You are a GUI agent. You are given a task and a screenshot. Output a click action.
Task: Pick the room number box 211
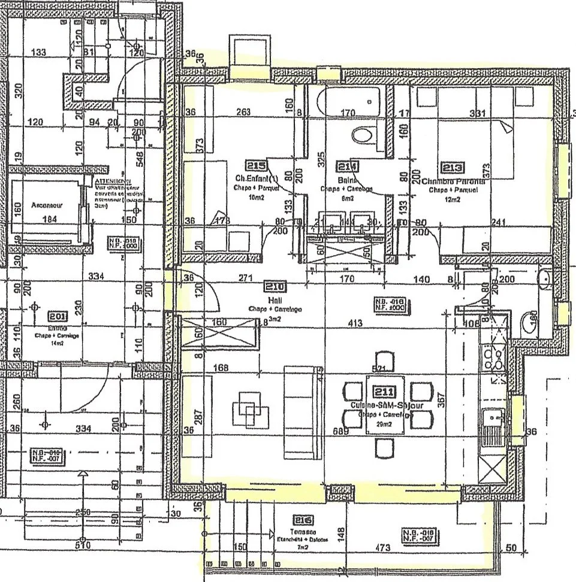click(384, 392)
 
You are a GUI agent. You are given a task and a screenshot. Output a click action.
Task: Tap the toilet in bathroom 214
click(363, 135)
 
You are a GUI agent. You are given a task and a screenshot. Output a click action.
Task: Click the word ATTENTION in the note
click(113, 181)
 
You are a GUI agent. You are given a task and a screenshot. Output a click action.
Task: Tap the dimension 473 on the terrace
click(381, 548)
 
